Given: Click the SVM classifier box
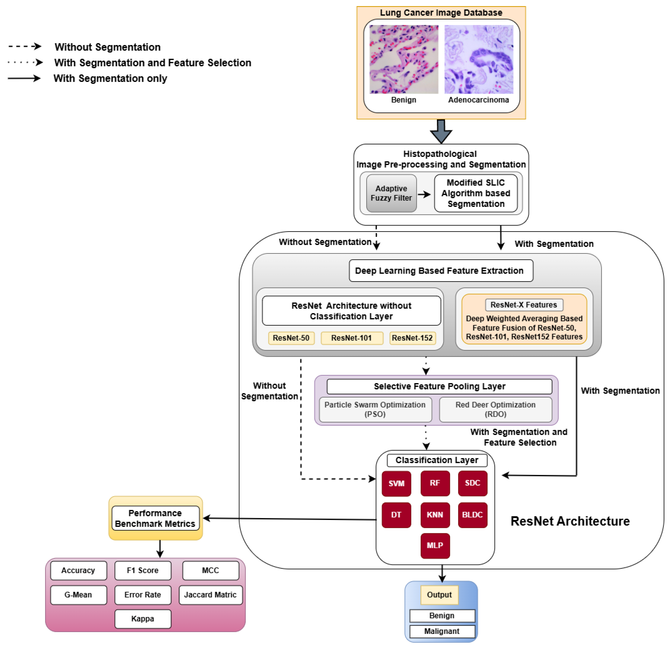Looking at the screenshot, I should tap(396, 483).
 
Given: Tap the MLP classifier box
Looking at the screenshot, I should tap(435, 545).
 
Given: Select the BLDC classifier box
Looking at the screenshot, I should tap(472, 514).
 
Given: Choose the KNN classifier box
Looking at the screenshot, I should tap(435, 514).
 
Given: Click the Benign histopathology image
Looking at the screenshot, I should tap(404, 59).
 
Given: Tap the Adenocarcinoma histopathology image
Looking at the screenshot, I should tap(479, 59).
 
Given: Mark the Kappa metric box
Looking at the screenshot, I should tap(143, 619).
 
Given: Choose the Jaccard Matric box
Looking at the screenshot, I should tap(210, 595).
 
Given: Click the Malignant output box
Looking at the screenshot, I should tap(442, 631).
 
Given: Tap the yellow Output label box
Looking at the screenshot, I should tap(439, 595).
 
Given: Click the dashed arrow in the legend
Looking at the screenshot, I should tap(25, 46).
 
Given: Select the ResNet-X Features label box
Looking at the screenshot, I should tap(524, 305).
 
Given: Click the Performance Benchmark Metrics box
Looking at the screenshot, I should tap(155, 518).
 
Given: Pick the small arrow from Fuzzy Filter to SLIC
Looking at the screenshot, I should tap(424, 194).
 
